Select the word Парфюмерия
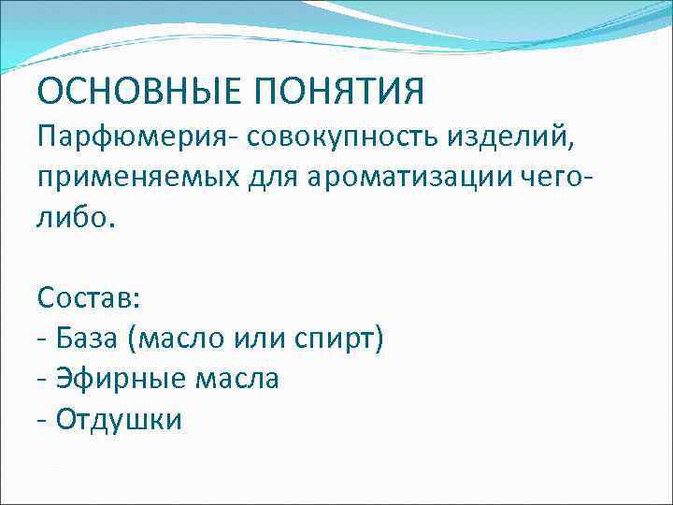pos(136,138)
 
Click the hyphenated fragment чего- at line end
pos(537,180)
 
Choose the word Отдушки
pos(119,419)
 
